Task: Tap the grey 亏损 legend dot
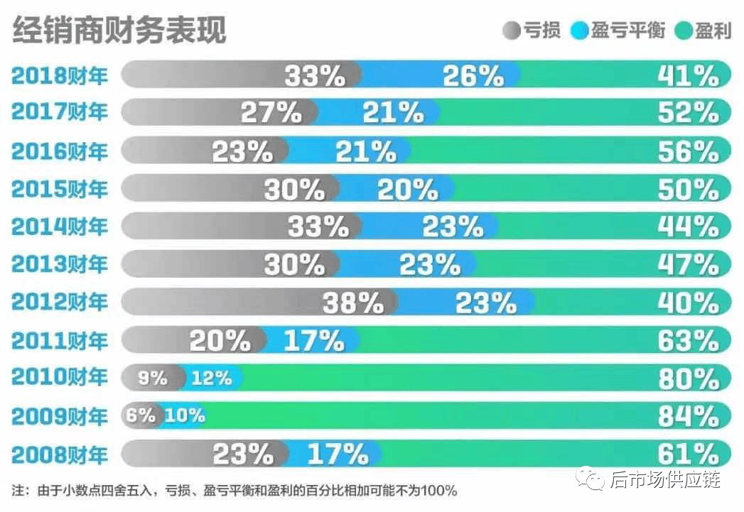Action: click(x=512, y=31)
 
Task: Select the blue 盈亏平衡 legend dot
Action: click(x=579, y=31)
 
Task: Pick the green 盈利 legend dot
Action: click(x=683, y=31)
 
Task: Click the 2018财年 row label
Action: click(x=60, y=75)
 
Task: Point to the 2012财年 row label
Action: click(x=60, y=303)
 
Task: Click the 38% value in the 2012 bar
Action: click(x=353, y=303)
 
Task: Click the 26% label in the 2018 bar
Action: click(x=473, y=75)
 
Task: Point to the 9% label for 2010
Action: click(x=152, y=378)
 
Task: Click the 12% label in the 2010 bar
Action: click(x=212, y=378)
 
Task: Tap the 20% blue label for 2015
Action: click(x=408, y=189)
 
